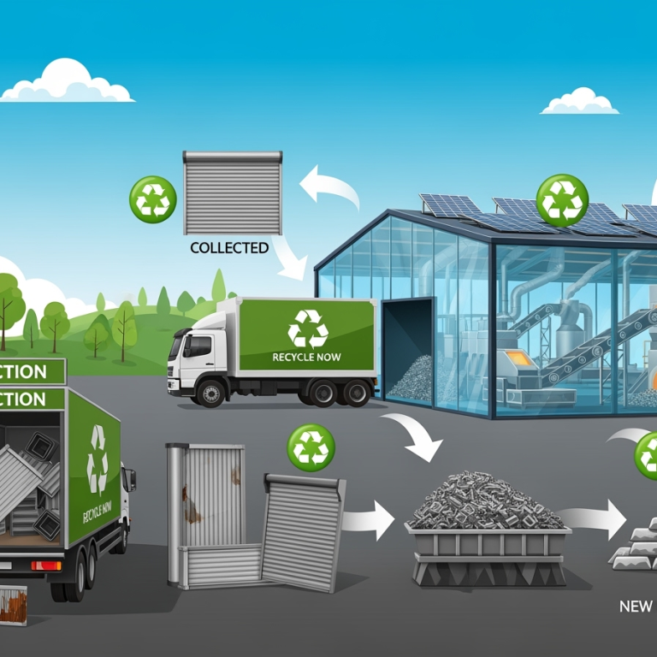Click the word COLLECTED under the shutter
click(229, 248)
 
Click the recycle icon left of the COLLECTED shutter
click(152, 199)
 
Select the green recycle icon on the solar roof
click(562, 200)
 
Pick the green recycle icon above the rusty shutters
click(311, 447)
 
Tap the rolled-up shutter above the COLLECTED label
click(233, 192)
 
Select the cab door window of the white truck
click(198, 346)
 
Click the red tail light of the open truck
click(45, 565)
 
